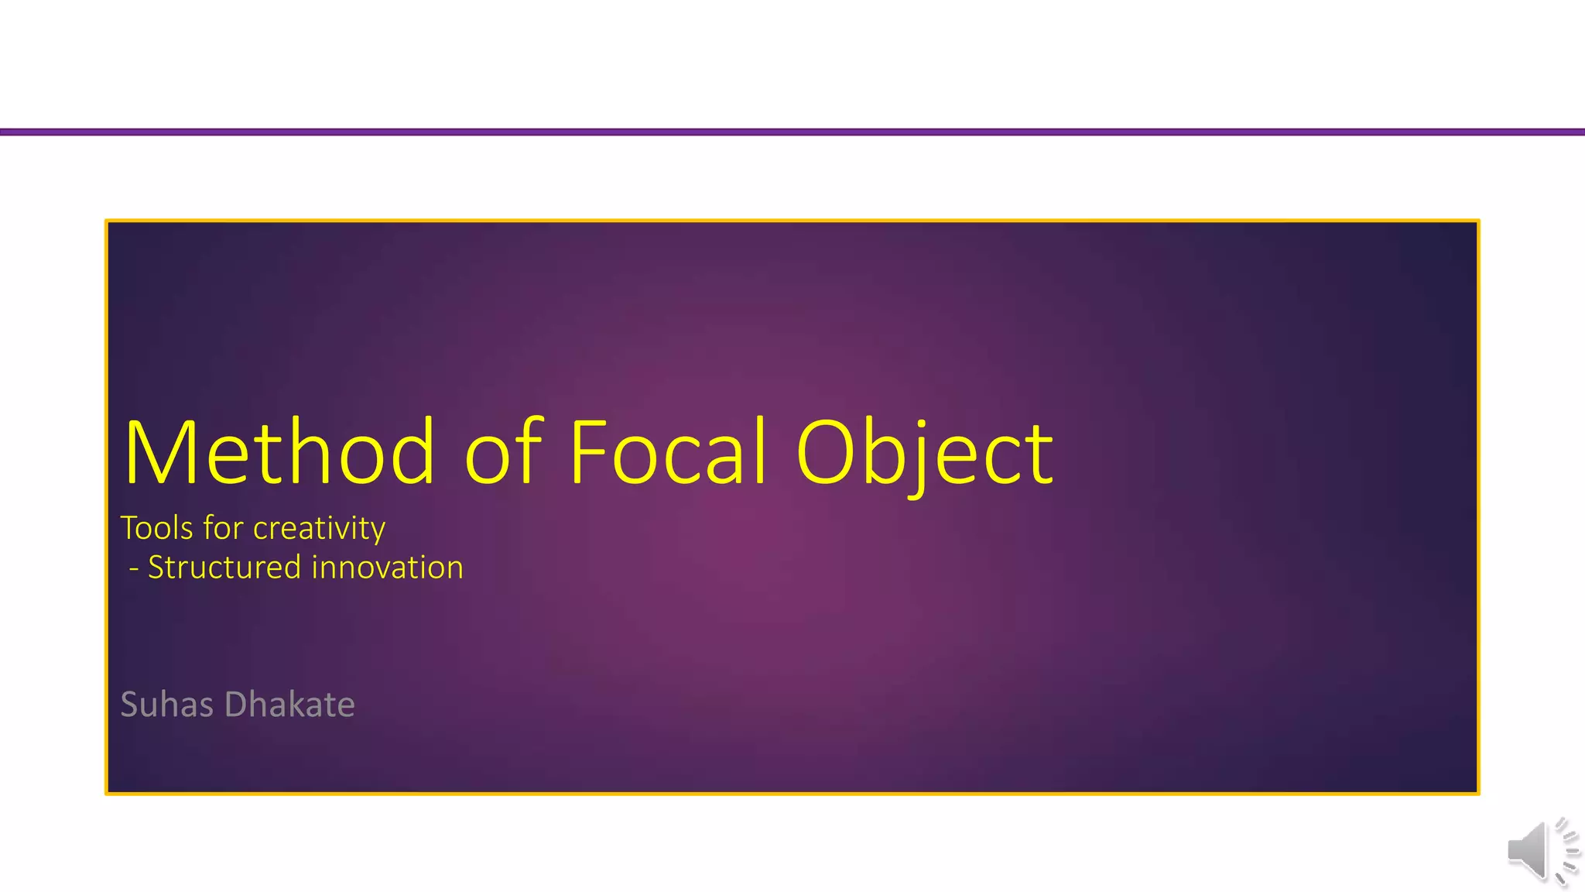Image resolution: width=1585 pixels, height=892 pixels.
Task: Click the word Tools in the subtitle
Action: pos(157,528)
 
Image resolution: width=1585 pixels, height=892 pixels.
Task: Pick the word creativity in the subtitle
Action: pos(319,528)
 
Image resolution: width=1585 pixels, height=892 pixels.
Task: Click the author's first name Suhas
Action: pos(167,705)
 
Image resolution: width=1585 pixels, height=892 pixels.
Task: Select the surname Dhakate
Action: pos(290,705)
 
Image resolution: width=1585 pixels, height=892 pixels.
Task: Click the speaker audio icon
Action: pos(1541,851)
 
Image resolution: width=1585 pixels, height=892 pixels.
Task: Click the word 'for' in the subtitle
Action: pos(223,528)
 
